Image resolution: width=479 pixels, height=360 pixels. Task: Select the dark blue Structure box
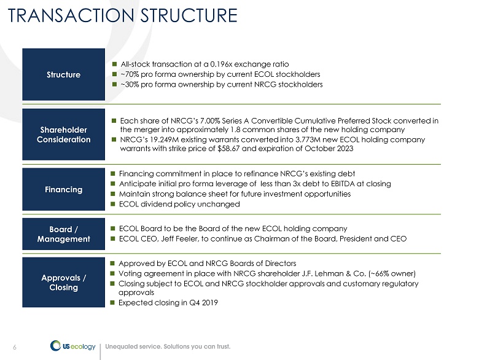coord(64,74)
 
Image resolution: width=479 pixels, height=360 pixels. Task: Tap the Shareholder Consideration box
coord(64,135)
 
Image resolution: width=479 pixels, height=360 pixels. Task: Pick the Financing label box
coord(64,189)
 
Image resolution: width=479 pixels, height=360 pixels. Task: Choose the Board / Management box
coord(64,233)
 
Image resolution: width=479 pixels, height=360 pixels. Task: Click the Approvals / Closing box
coord(64,283)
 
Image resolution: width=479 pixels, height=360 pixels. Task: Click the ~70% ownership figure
coord(130,74)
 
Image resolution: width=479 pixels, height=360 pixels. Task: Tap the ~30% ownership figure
coord(130,84)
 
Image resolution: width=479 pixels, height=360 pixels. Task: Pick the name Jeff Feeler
coord(176,239)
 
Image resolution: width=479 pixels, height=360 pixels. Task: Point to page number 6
coord(15,346)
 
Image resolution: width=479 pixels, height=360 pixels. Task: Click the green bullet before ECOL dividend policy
coord(113,205)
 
